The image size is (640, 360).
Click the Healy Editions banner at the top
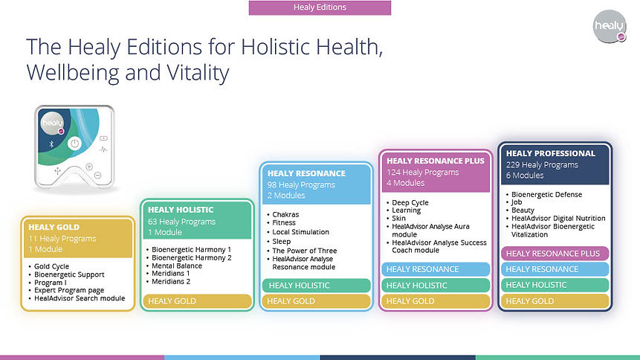coord(320,7)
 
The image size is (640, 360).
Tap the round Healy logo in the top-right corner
coord(610,27)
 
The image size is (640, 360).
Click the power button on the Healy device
coord(74,144)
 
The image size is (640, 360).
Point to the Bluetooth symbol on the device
coord(51,144)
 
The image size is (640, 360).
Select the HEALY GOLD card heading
coord(54,227)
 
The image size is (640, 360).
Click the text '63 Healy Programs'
coord(181,222)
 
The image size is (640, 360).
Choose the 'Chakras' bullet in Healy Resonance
coord(285,214)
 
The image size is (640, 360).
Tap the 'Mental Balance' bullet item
coord(177,266)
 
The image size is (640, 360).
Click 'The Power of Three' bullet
coord(305,251)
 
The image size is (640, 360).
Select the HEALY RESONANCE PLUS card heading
coord(436,161)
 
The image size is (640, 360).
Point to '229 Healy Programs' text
coord(542,164)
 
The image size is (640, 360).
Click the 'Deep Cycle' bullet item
coord(410,202)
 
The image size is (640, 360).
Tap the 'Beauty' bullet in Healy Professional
coord(523,210)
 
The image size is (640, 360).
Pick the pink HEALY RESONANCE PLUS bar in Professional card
coord(555,254)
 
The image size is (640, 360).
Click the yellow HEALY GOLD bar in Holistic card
coord(197,301)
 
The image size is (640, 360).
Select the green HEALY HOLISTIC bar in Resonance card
coord(317,285)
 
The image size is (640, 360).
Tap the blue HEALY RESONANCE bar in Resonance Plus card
coord(436,269)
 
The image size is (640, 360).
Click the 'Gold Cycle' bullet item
coord(51,266)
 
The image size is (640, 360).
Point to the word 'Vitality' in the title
coord(198,73)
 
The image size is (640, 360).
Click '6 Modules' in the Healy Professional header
coord(525,176)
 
